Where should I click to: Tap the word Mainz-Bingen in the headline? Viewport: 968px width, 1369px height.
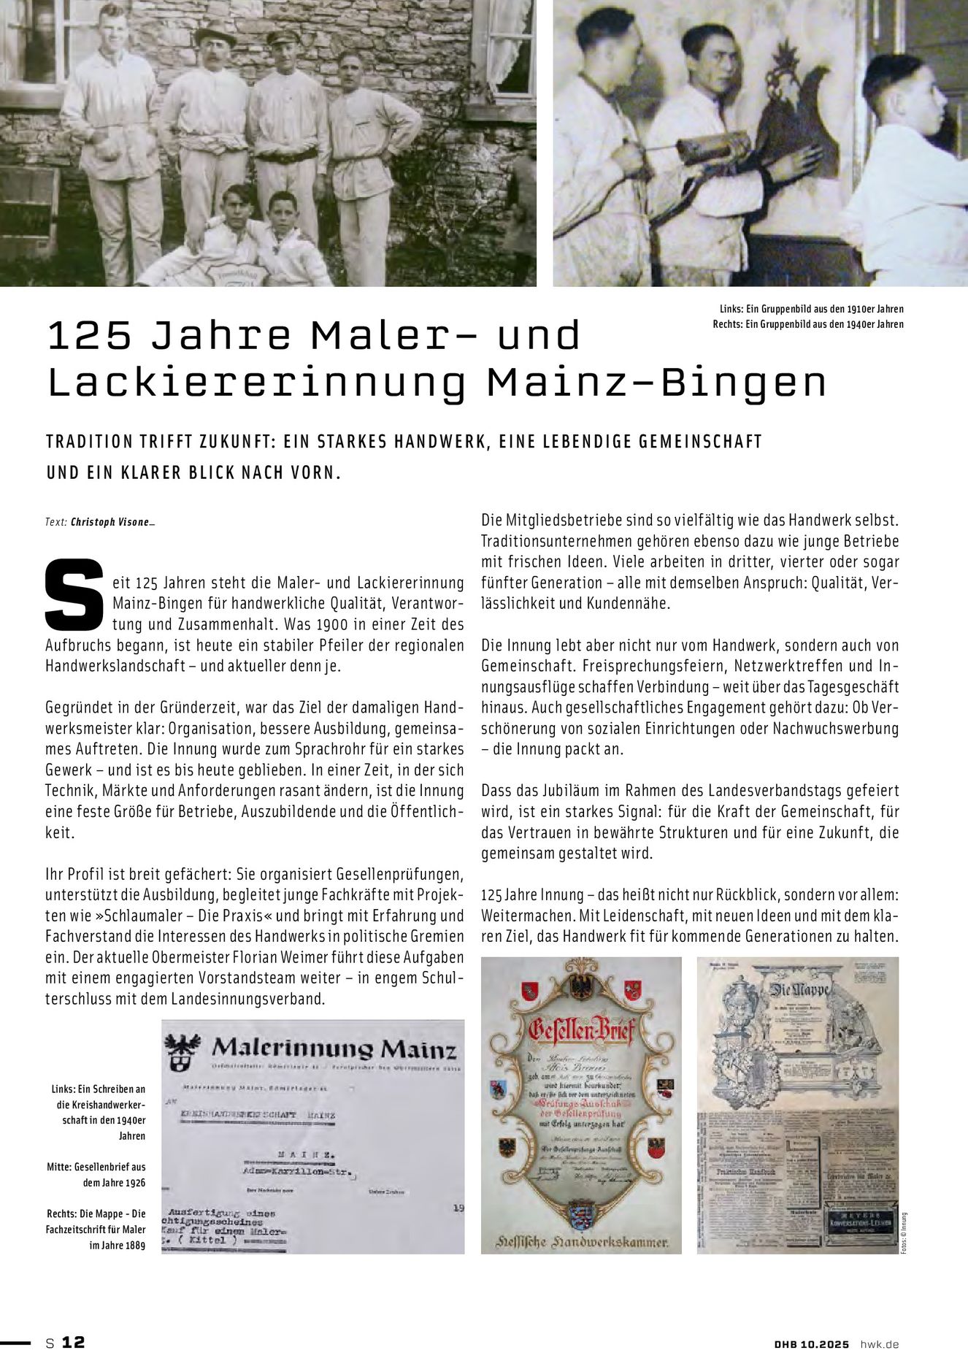[x=656, y=383]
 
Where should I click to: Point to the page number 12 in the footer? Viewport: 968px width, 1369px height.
[x=74, y=1342]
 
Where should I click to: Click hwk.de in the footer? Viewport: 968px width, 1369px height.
[x=880, y=1343]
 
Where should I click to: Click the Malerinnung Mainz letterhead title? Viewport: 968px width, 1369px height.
[x=334, y=1050]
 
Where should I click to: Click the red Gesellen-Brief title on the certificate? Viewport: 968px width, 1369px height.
[x=582, y=1031]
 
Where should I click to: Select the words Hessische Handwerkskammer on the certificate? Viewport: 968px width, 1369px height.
[x=581, y=1241]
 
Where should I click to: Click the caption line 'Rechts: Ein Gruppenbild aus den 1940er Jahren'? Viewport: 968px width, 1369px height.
[x=808, y=324]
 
